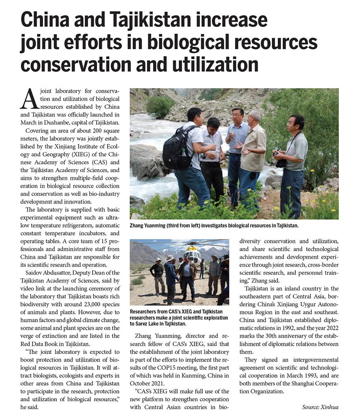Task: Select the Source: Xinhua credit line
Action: coord(320,407)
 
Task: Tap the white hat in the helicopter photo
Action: coord(170,258)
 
